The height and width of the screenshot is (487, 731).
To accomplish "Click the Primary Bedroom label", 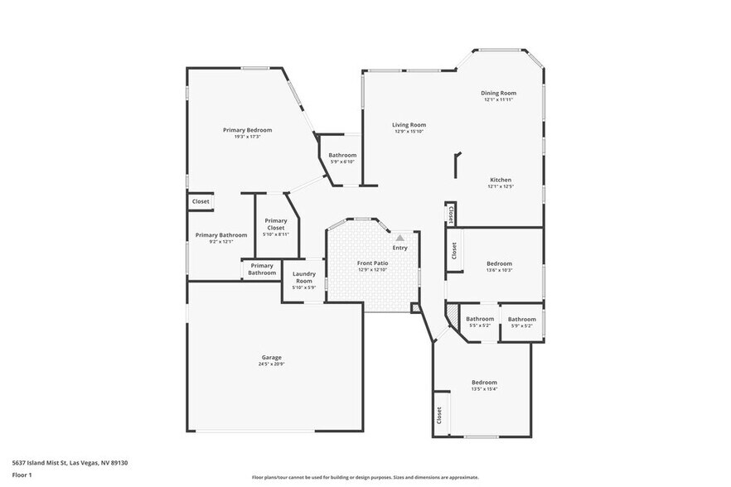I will [x=247, y=130].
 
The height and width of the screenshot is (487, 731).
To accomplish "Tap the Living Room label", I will [x=409, y=125].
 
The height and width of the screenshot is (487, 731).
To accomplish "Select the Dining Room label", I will [x=498, y=93].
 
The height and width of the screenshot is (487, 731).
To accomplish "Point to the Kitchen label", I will [x=500, y=180].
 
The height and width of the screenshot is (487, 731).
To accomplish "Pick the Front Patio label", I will [x=373, y=263].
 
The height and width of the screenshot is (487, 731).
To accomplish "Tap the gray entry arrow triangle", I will [x=399, y=238].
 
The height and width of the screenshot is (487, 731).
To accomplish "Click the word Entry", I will [x=399, y=248].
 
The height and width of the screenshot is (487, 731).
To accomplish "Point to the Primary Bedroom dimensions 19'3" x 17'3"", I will [x=247, y=137].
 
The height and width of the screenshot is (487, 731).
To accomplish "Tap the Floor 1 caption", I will [x=22, y=475].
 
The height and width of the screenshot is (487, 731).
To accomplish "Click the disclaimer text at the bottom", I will [x=365, y=478].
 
